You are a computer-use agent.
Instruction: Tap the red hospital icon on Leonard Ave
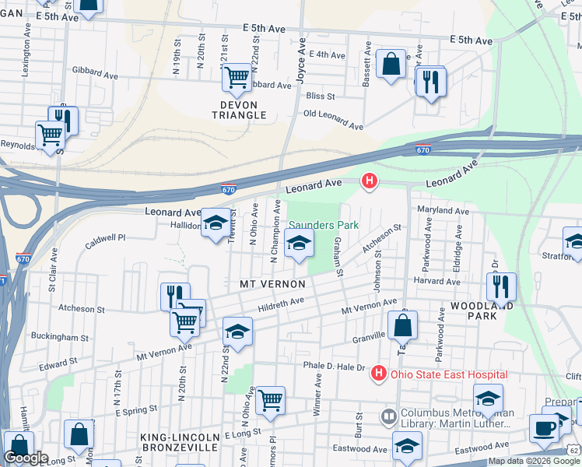370,182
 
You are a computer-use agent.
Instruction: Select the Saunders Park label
324,225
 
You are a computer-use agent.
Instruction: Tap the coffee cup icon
545,428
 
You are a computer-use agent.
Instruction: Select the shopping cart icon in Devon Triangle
237,77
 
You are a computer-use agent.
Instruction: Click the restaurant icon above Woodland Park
501,286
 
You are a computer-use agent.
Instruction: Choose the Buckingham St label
60,338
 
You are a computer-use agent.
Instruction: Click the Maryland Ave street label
443,211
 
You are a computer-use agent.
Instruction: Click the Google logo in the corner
26,458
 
